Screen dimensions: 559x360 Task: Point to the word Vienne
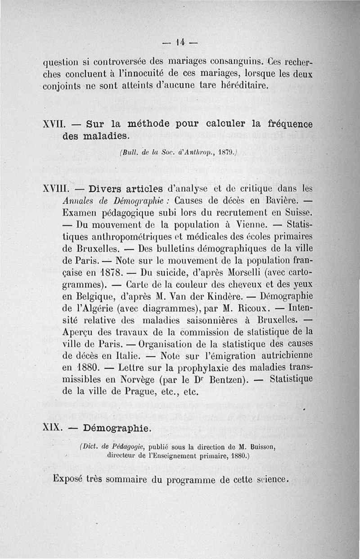click(249, 224)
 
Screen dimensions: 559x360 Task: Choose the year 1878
click(108, 273)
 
